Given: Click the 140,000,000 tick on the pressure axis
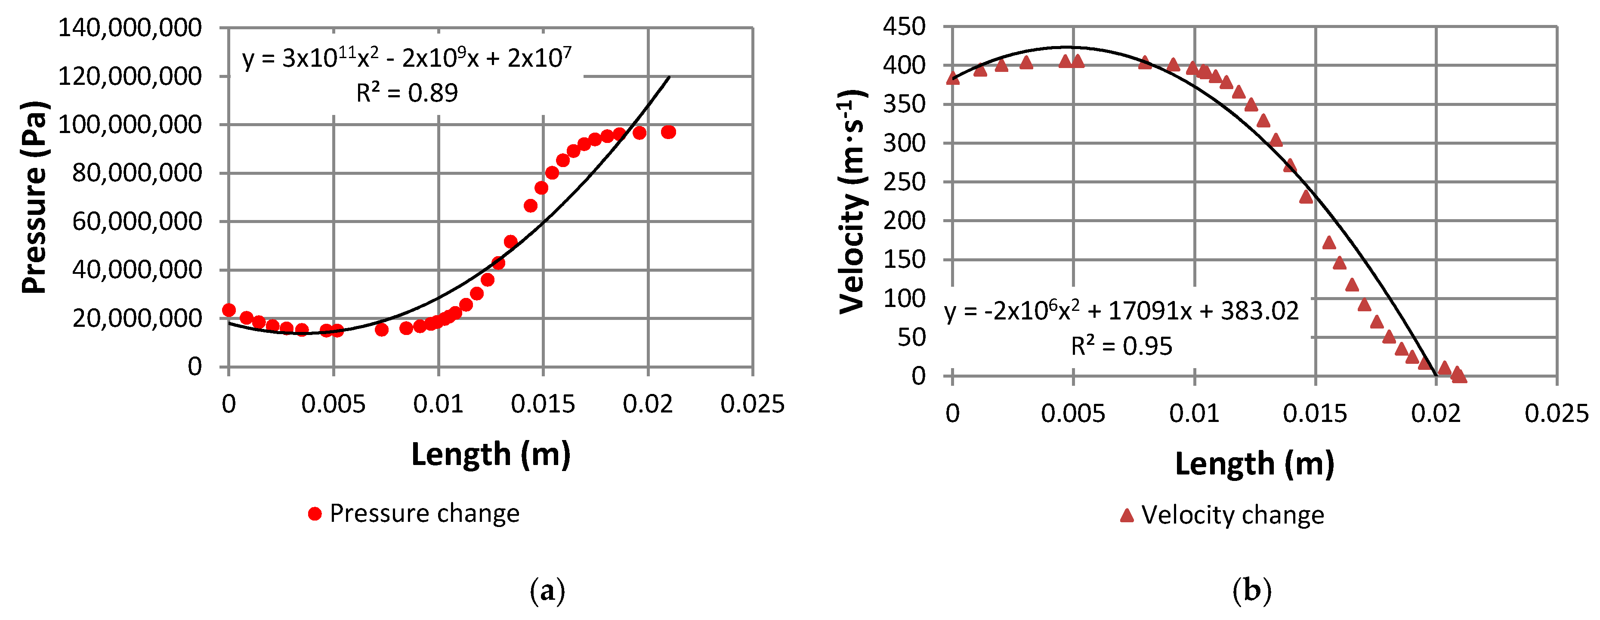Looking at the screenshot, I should click(130, 28).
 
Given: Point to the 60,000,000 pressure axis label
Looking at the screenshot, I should click(137, 221).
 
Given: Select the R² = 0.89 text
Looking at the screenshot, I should click(407, 93).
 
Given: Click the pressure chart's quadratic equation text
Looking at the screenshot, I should click(407, 59).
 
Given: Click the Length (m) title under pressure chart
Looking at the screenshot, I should click(491, 454).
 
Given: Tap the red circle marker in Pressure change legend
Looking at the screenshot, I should click(315, 514).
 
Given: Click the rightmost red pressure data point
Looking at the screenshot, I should click(668, 132).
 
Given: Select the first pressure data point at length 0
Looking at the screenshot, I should click(229, 310).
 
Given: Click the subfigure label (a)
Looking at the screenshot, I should click(547, 591).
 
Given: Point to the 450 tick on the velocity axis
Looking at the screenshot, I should click(904, 27).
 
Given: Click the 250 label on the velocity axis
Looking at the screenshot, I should click(904, 182).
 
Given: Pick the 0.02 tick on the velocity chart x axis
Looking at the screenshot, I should click(1436, 414).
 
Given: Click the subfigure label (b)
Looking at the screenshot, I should click(1251, 591).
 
